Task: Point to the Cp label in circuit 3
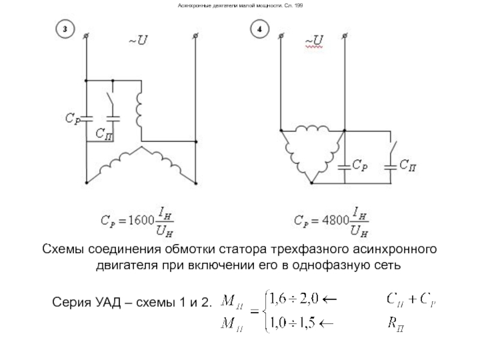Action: click(73, 118)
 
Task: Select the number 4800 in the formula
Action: click(334, 220)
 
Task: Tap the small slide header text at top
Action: click(240, 6)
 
